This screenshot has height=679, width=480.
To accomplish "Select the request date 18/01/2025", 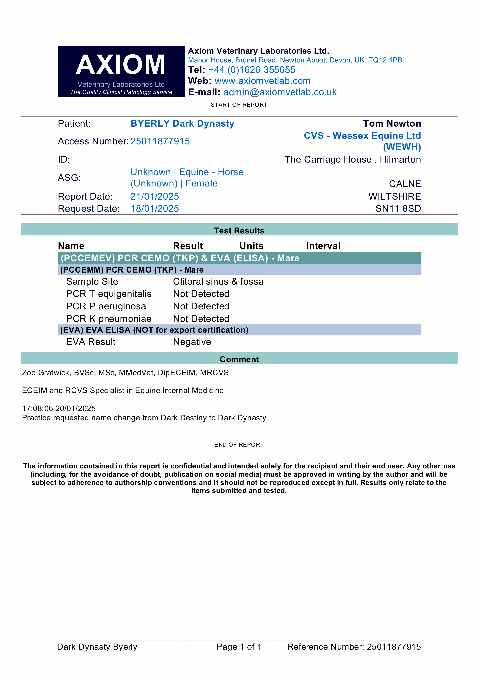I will pyautogui.click(x=155, y=208).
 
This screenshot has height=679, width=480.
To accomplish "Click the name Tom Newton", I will pyautogui.click(x=392, y=123).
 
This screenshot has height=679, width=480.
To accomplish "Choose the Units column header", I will pyautogui.click(x=251, y=246).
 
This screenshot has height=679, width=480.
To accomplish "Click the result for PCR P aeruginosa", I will pyautogui.click(x=201, y=306).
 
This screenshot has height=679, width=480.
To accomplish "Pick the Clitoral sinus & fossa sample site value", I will pyautogui.click(x=218, y=282).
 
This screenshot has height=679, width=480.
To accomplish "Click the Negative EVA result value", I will pyautogui.click(x=192, y=342).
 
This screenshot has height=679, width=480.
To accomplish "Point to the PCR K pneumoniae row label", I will pyautogui.click(x=108, y=318).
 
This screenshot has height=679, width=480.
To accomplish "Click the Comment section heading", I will pyautogui.click(x=239, y=359).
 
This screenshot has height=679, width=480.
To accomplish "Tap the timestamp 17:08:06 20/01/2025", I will pyautogui.click(x=59, y=408).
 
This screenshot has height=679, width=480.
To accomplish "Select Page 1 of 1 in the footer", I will pyautogui.click(x=239, y=647).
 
